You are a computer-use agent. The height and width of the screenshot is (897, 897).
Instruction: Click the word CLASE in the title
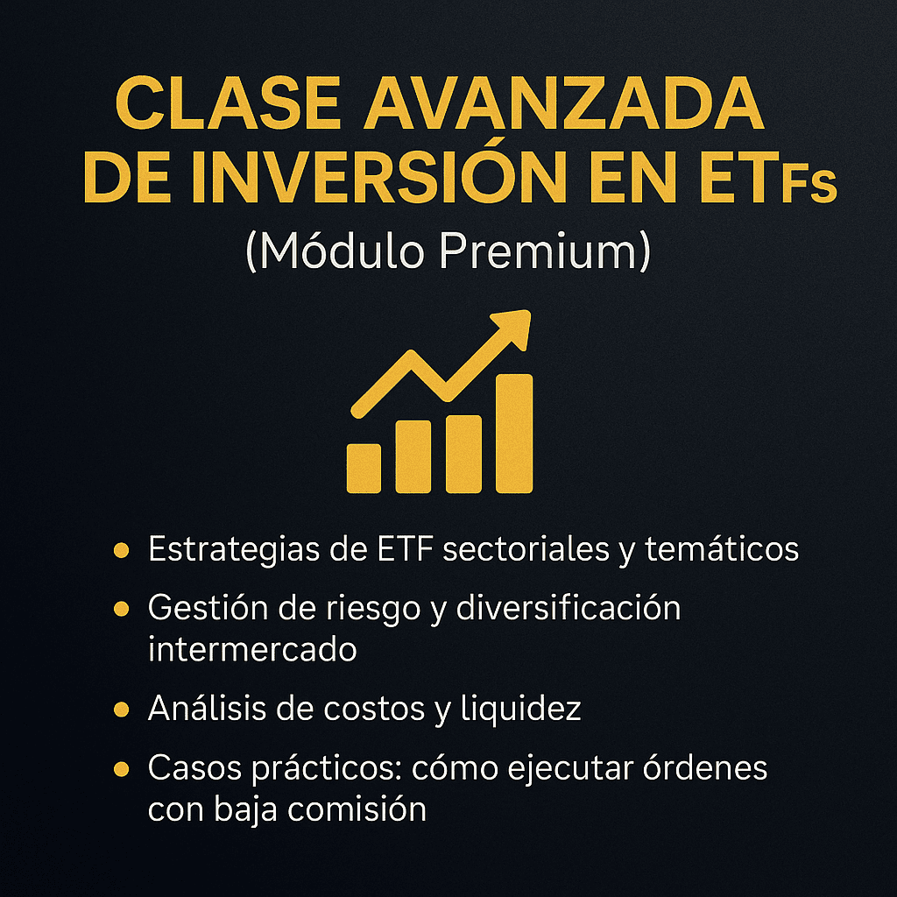(x=229, y=104)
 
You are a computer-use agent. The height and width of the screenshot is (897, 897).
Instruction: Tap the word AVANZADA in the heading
(x=564, y=104)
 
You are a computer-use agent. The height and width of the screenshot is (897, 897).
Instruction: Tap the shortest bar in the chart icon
(x=364, y=468)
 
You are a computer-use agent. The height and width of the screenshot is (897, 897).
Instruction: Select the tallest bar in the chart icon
(x=513, y=433)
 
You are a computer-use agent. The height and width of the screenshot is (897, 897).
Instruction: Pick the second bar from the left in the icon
(x=413, y=456)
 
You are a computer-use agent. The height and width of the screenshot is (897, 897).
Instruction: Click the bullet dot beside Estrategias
(x=121, y=550)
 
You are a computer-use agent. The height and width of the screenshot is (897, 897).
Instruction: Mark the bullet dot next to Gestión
(x=121, y=608)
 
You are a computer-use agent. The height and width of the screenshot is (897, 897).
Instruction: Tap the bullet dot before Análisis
(x=121, y=710)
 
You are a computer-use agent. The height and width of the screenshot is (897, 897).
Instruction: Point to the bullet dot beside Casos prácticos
(x=121, y=768)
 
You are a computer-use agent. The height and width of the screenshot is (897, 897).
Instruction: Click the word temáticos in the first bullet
(x=722, y=548)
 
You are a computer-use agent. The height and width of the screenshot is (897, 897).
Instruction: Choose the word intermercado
(x=252, y=649)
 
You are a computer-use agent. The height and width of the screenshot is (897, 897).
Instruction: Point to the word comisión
(x=357, y=809)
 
